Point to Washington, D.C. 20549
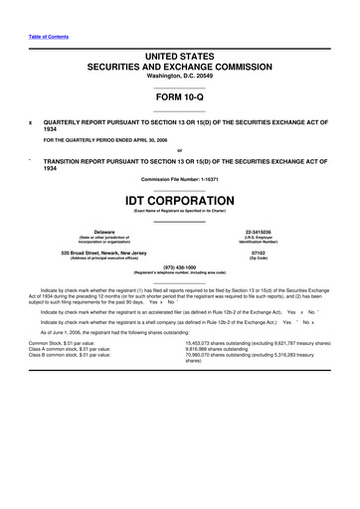tap(179, 77)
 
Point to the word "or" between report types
tap(179, 151)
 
